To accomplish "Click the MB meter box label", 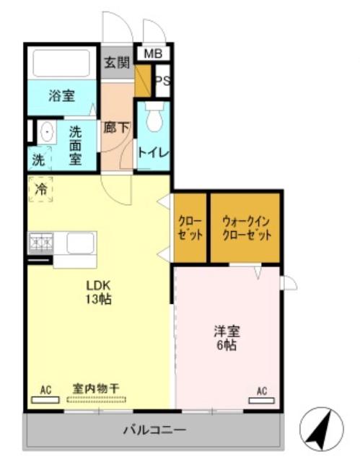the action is [153, 53].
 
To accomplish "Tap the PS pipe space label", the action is [163, 80].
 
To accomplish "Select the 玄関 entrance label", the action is [117, 63].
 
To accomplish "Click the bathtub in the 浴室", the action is [61, 63].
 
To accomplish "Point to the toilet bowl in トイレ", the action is [154, 116].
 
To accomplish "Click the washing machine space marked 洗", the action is [39, 159].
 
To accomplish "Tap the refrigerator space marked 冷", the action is [41, 189].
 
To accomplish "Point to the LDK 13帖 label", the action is [99, 292].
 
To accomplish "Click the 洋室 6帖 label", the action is [227, 338].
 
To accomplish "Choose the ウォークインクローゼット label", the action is [247, 228].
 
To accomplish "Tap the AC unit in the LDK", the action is [45, 400].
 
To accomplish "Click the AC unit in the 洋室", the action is [262, 401].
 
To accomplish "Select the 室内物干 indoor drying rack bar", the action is [96, 400].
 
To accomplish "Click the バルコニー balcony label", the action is [154, 430].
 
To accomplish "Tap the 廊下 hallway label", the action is [116, 127].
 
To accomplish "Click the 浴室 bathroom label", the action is [62, 96].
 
